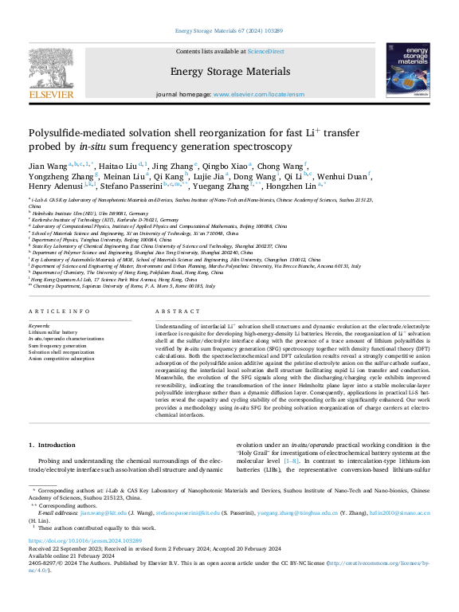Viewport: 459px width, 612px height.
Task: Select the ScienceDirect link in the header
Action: [x=265, y=52]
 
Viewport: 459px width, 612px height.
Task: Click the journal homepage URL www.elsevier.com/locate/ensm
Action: [x=258, y=94]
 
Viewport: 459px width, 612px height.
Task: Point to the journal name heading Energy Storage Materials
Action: [x=229, y=71]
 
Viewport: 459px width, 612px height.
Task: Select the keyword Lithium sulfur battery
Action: [x=53, y=332]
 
